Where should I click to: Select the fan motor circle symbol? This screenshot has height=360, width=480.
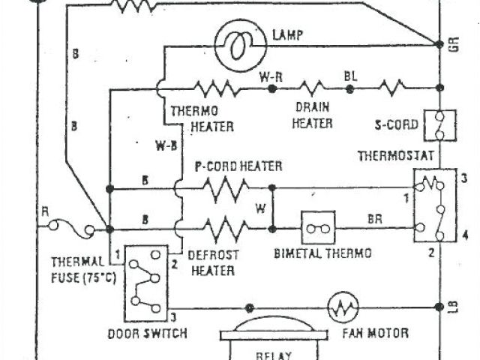tap(343, 306)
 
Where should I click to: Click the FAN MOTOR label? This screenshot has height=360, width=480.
tap(374, 332)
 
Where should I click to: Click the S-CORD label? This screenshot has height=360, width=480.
tap(391, 124)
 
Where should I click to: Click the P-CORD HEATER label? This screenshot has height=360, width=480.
tap(238, 166)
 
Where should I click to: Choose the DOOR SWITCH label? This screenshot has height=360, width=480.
tap(148, 332)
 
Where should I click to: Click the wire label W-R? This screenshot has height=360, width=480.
tap(271, 76)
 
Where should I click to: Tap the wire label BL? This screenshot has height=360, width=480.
tap(350, 76)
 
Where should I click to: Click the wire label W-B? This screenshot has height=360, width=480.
tap(166, 145)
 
